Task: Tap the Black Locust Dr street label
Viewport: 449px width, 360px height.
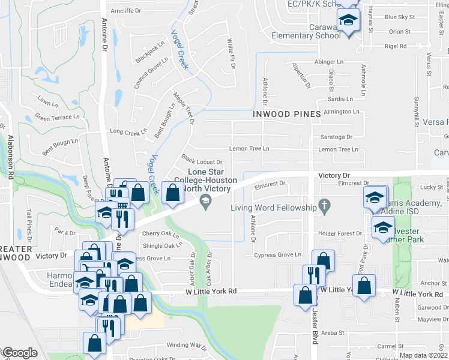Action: tap(202, 161)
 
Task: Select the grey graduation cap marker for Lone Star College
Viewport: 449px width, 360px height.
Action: tap(206, 201)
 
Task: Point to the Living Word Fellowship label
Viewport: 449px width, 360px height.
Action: tap(274, 208)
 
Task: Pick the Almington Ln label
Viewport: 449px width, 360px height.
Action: tap(341, 112)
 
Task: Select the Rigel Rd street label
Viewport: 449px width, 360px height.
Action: tap(396, 46)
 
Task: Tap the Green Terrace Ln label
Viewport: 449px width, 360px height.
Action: tap(58, 117)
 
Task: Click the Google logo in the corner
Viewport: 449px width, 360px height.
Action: tap(19, 353)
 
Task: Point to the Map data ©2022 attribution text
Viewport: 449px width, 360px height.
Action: tap(424, 355)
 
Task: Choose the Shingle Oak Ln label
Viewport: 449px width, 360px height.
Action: tap(162, 245)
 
